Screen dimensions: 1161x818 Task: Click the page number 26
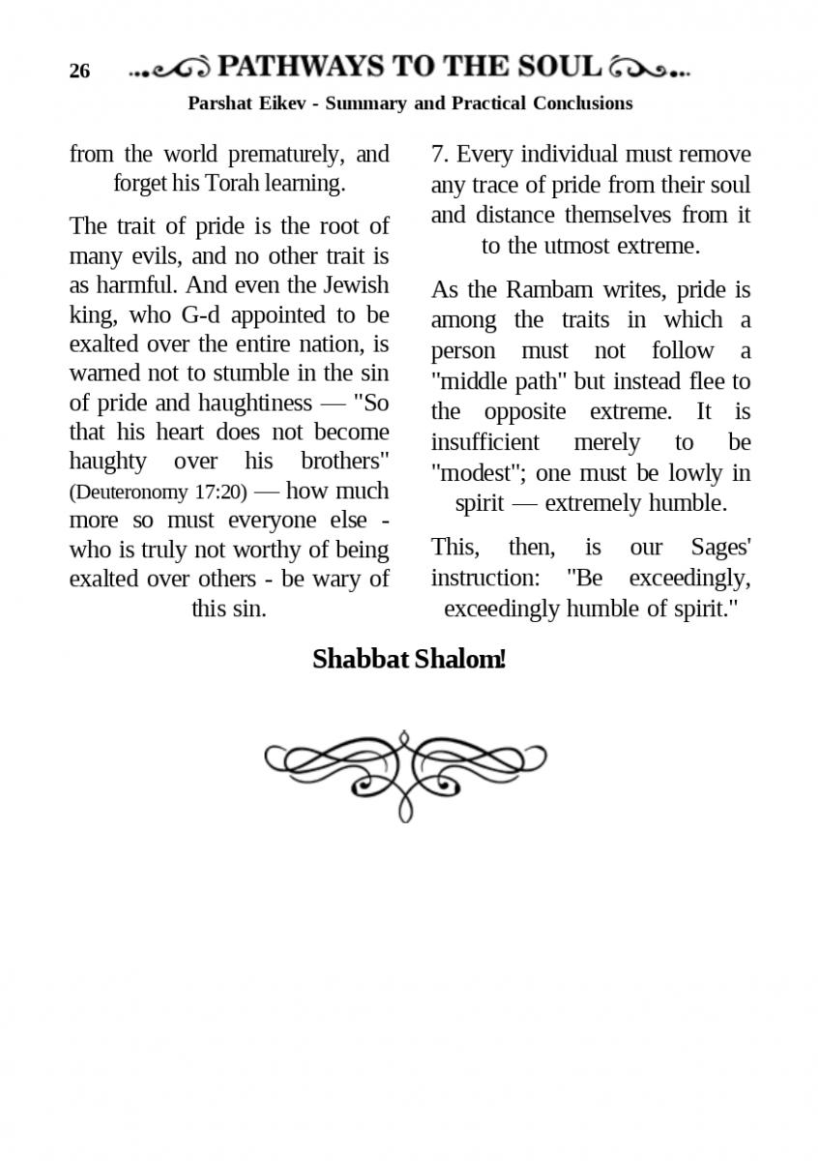[x=79, y=72]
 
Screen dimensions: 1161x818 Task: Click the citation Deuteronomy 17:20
[x=158, y=491]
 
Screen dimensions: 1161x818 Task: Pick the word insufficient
[x=484, y=442]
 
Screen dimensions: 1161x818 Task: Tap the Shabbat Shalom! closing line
[x=408, y=660]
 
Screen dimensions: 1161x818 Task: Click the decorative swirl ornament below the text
[x=405, y=774]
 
